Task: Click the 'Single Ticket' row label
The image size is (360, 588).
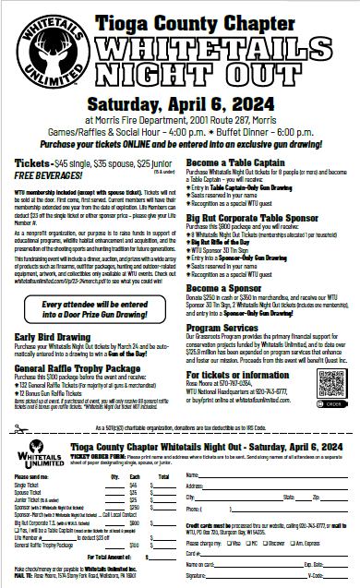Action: [42, 483]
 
